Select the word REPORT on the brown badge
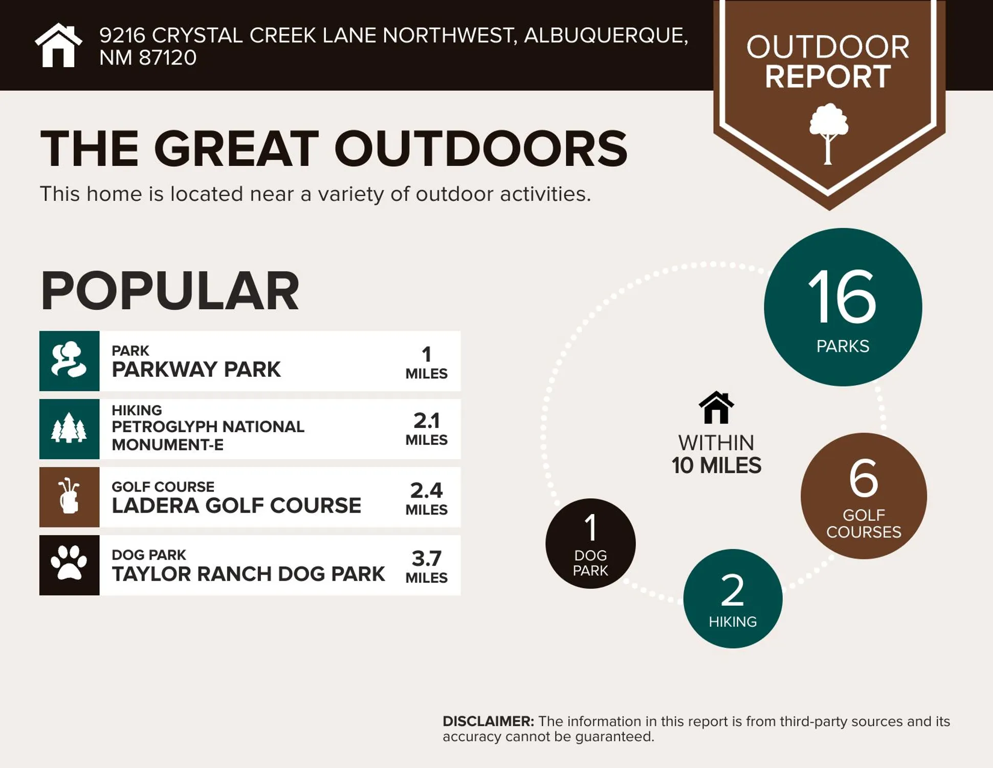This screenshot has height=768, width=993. (828, 77)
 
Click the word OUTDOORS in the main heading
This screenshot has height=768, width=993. (480, 148)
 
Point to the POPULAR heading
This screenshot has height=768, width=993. (169, 291)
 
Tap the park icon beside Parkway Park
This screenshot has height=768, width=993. (69, 360)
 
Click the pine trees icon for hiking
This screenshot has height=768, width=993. (69, 429)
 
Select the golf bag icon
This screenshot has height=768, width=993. (69, 497)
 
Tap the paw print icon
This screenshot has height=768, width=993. (69, 564)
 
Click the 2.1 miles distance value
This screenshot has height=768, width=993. (426, 421)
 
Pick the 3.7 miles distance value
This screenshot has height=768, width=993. (426, 558)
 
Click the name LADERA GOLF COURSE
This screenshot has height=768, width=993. (236, 505)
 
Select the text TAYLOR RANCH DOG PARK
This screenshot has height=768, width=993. (248, 574)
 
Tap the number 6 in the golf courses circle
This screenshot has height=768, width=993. (864, 478)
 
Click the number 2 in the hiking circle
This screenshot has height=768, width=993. (732, 590)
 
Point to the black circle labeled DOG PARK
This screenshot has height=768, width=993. (590, 544)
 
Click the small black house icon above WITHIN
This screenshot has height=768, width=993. (716, 408)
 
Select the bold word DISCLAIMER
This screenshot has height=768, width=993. (488, 721)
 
